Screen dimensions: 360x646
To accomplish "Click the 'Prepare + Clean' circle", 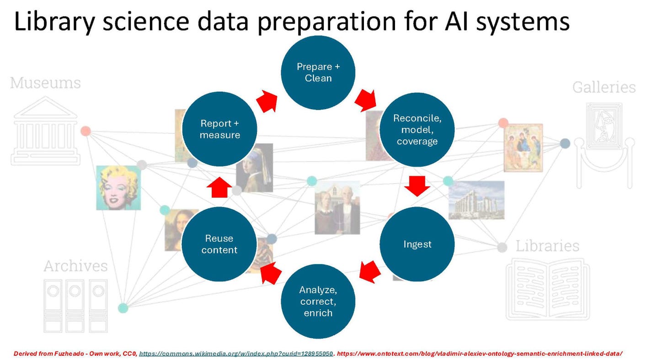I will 318,73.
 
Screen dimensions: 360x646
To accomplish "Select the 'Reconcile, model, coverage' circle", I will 417,130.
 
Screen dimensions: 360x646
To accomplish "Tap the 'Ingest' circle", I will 417,244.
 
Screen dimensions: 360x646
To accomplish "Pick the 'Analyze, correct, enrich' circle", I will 318,301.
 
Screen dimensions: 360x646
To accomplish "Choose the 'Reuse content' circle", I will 219,244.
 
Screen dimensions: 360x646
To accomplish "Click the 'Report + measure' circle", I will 219,129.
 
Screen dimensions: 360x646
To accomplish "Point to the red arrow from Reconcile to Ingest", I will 417,185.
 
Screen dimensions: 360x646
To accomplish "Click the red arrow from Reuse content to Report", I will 219,187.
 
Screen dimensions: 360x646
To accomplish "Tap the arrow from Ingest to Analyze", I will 370,271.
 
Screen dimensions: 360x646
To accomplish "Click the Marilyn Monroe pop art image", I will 118,188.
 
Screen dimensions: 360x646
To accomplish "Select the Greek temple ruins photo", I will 476,200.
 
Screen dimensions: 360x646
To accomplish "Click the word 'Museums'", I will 45,83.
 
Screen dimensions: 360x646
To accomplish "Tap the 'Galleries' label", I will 603,87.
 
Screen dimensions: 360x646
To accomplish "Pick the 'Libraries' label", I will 547,246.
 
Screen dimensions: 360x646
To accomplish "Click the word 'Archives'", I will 75,266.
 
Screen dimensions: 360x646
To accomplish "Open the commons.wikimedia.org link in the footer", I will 236,354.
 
